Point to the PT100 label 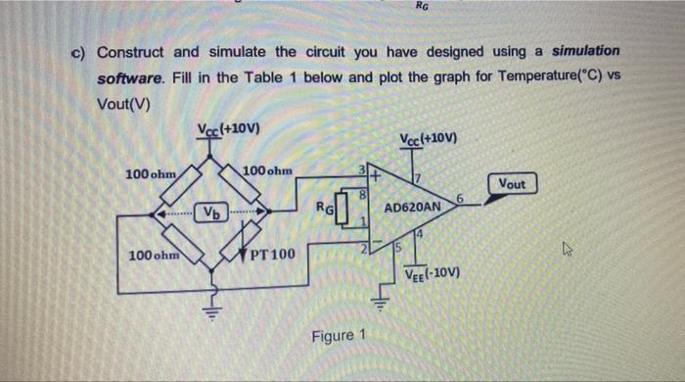coord(271,256)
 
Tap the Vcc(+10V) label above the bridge coord(227,131)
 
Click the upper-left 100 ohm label coord(150,173)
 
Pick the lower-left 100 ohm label coord(153,256)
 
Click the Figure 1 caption coord(338,336)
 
